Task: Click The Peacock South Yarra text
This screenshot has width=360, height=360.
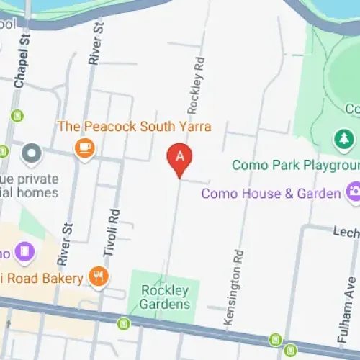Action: pyautogui.click(x=135, y=127)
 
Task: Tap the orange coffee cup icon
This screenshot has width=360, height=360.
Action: pyautogui.click(x=84, y=148)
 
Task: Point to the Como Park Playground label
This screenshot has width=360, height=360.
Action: pyautogui.click(x=294, y=166)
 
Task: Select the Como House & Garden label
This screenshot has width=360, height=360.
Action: pyautogui.click(x=271, y=194)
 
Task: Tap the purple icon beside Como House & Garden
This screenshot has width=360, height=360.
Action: pyautogui.click(x=354, y=192)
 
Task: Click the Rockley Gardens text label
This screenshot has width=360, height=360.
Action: pyautogui.click(x=165, y=297)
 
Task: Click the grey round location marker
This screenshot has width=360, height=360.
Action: pyautogui.click(x=32, y=153)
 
